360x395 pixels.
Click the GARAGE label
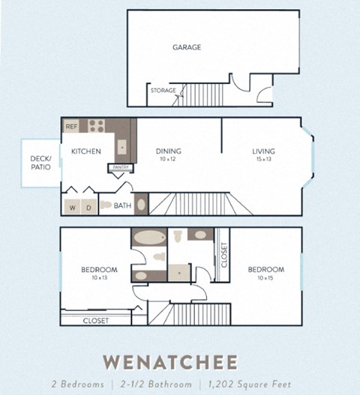(x=187, y=47)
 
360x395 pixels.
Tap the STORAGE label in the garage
(x=163, y=91)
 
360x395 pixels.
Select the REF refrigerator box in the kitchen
(x=72, y=127)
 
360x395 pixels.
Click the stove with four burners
(x=97, y=126)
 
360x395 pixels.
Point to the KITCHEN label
(x=86, y=151)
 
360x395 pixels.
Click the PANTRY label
(x=121, y=167)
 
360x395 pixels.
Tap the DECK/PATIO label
(x=40, y=163)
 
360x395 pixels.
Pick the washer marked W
(x=73, y=207)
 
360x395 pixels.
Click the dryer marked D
(x=88, y=207)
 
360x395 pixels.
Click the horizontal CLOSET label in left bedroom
(x=95, y=320)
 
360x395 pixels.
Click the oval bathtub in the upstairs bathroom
(x=145, y=240)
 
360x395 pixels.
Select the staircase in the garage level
(x=199, y=94)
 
